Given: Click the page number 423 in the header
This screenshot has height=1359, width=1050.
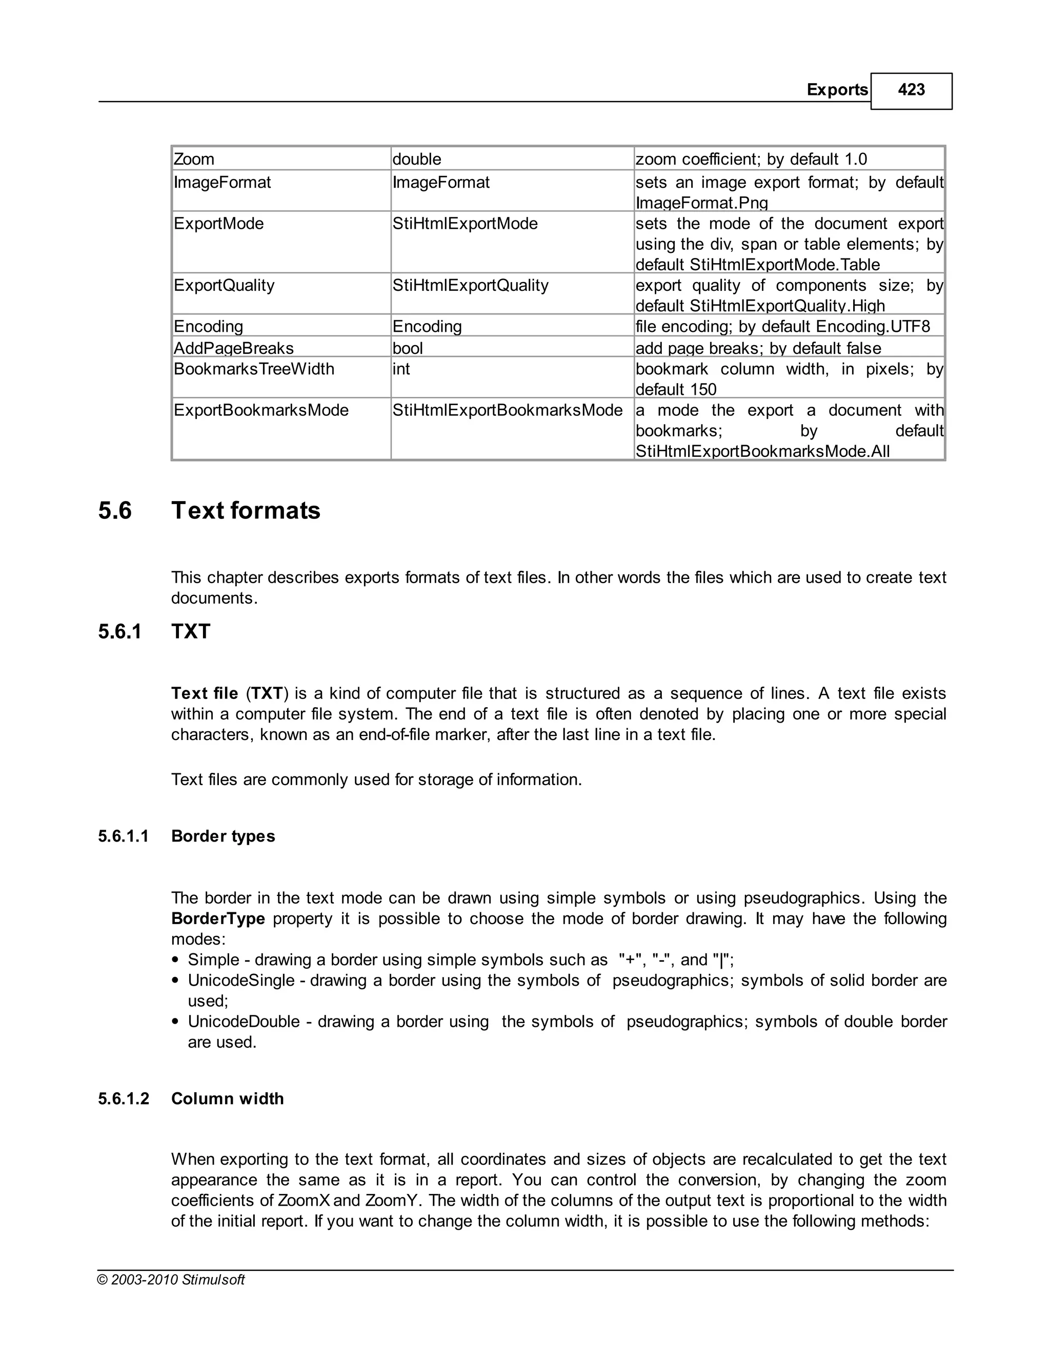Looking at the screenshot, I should click(911, 90).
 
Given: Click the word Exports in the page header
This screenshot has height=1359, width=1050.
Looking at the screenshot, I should click(837, 90).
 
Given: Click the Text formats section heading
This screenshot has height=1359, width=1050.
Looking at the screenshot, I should click(246, 511).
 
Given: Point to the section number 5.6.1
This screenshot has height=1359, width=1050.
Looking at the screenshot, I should click(119, 632).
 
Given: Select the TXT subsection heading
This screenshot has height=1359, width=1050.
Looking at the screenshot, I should click(191, 632).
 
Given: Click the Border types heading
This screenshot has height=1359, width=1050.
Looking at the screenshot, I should click(223, 836).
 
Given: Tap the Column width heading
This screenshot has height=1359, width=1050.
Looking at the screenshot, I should click(227, 1098).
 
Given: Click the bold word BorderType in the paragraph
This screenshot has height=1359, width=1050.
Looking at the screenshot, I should click(218, 918).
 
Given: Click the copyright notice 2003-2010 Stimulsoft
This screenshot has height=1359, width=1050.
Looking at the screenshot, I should click(171, 1280).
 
